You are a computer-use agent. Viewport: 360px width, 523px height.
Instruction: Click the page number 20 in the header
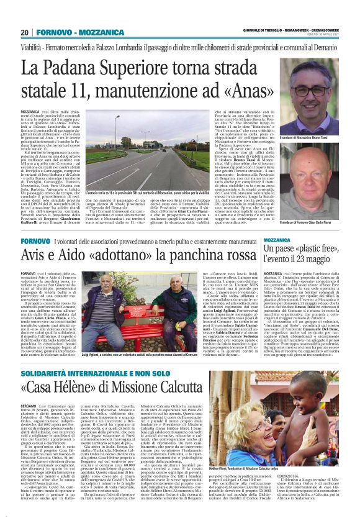pos(25,32)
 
